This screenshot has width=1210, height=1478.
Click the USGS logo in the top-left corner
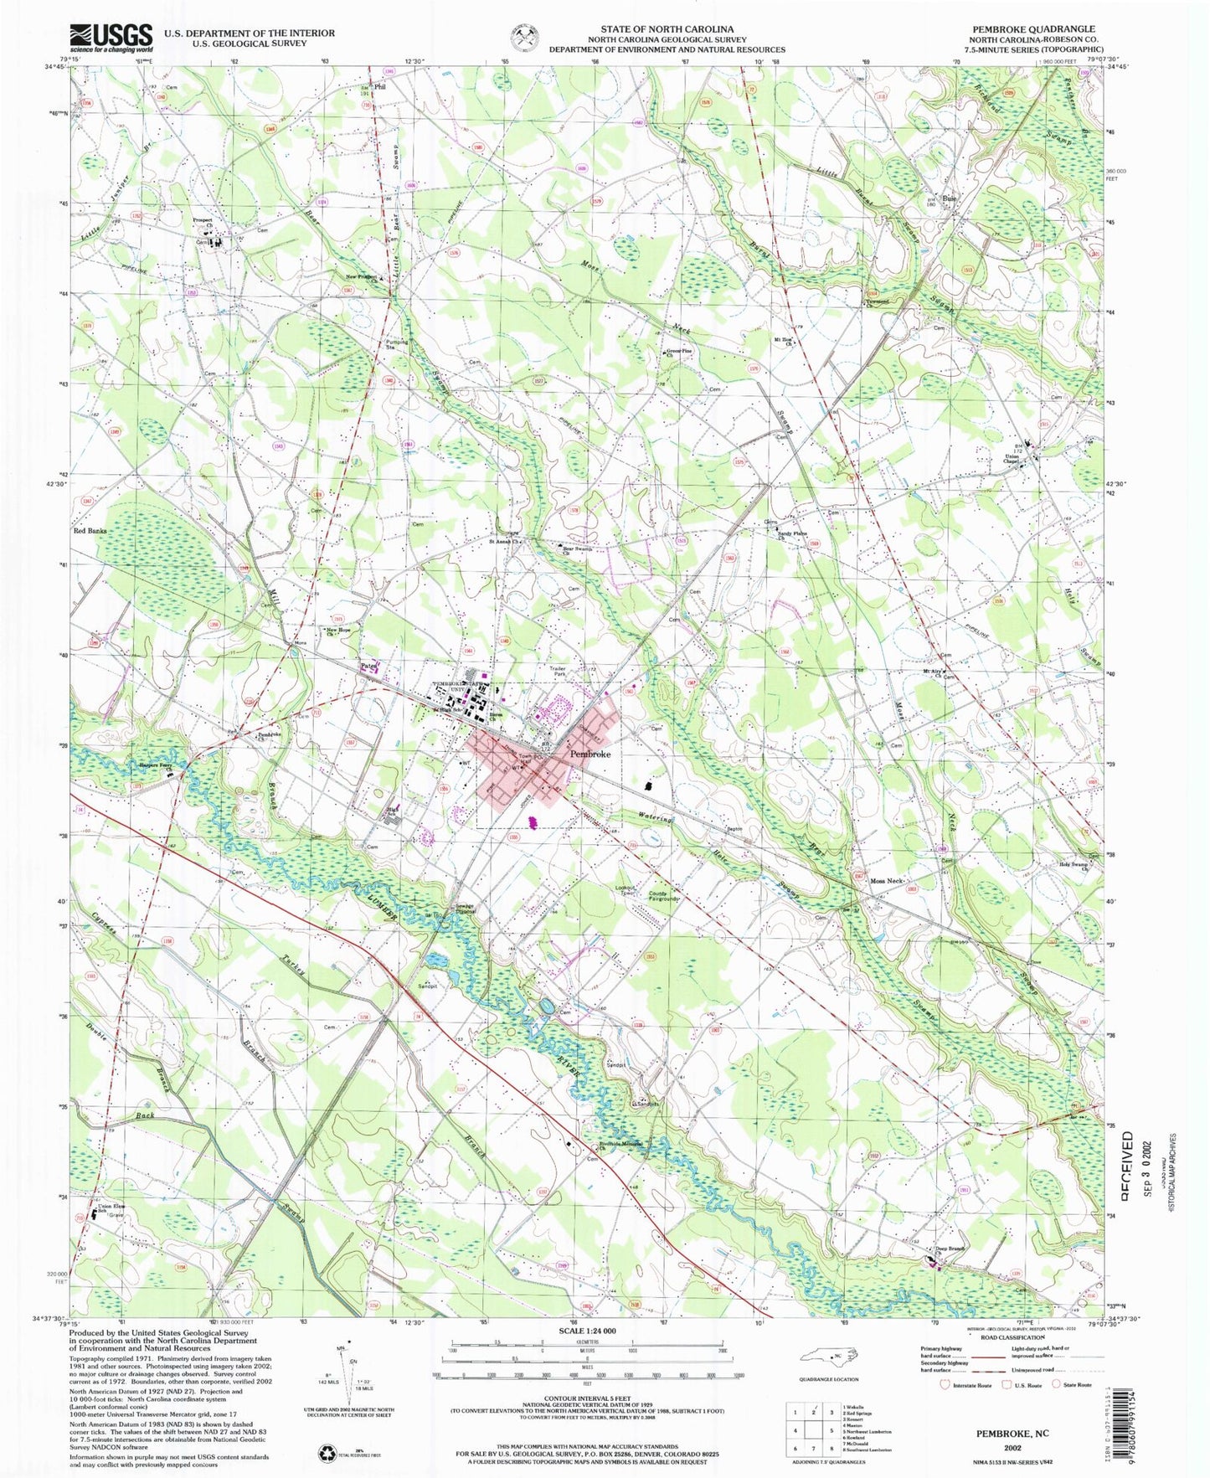pos(111,38)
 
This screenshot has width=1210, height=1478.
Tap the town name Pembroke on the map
pos(590,754)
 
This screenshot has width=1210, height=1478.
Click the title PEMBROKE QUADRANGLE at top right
pos(1033,28)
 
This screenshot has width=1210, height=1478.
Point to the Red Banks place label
pos(90,531)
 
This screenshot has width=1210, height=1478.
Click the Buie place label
pos(950,198)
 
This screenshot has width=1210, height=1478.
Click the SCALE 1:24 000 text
pos(586,1355)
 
